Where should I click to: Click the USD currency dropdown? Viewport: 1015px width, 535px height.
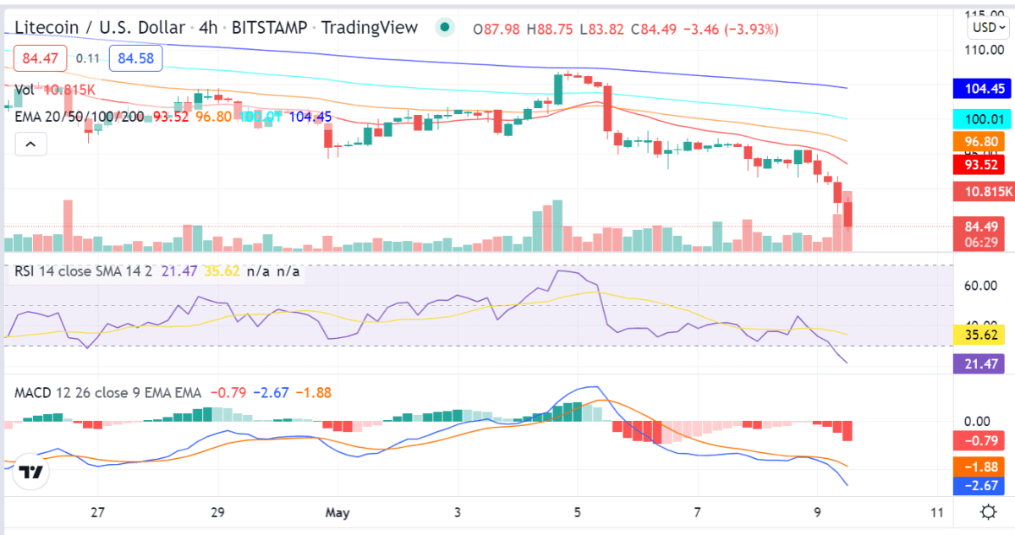(988, 27)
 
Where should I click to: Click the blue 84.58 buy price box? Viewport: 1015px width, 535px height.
(135, 58)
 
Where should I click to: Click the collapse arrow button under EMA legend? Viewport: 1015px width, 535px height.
(30, 145)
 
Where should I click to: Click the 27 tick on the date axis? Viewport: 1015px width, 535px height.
(98, 512)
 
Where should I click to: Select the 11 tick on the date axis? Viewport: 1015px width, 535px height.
(935, 512)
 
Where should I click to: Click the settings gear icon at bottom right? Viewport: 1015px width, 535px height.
(987, 512)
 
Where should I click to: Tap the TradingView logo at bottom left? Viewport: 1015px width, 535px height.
(32, 473)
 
